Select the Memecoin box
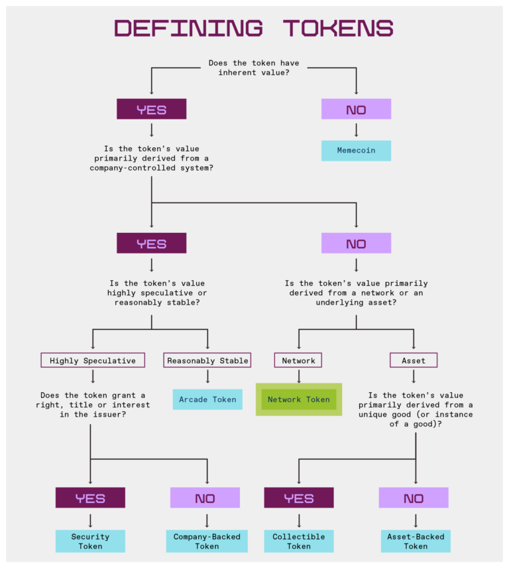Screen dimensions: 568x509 pyautogui.click(x=356, y=151)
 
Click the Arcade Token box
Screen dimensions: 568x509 pyautogui.click(x=207, y=399)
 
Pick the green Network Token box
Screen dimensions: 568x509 pyautogui.click(x=298, y=399)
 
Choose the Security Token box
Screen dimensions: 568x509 pyautogui.click(x=90, y=541)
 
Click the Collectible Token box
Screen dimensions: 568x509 pyautogui.click(x=298, y=541)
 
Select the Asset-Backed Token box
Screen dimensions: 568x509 pyautogui.click(x=416, y=541)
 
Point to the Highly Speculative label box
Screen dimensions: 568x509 pyautogui.click(x=93, y=360)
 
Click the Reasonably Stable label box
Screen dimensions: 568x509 pyautogui.click(x=207, y=360)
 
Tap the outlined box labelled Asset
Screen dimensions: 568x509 pyautogui.click(x=414, y=360)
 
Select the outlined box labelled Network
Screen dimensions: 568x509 pyautogui.click(x=298, y=360)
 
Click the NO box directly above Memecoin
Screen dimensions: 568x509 pyautogui.click(x=356, y=109)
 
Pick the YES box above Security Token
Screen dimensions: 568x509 pyautogui.click(x=90, y=498)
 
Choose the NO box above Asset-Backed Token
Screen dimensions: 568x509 pyautogui.click(x=414, y=498)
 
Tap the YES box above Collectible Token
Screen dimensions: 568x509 pyautogui.click(x=298, y=498)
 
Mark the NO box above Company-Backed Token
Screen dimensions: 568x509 pyautogui.click(x=205, y=498)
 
